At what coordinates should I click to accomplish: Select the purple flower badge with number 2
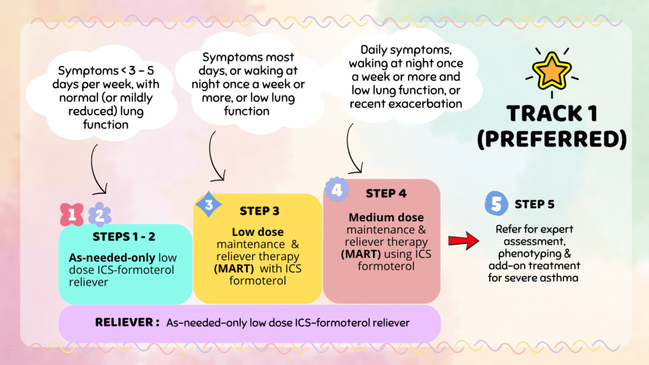tap(100, 215)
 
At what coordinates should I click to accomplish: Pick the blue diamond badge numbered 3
tap(209, 204)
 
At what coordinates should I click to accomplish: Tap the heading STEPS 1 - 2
tap(125, 237)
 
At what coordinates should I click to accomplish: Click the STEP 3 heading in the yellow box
tap(260, 210)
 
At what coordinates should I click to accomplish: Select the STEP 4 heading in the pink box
tap(386, 193)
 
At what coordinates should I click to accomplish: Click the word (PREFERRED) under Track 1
tap(551, 139)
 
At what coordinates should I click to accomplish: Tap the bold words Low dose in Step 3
tap(257, 232)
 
